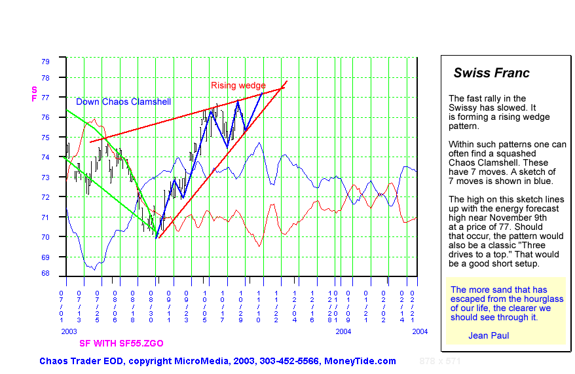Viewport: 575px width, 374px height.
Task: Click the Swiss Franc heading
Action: (x=491, y=73)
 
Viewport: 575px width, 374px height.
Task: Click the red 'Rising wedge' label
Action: (x=238, y=86)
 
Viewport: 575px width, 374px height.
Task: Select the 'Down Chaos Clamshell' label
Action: (x=123, y=102)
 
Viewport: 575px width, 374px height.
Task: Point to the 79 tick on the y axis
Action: (x=45, y=62)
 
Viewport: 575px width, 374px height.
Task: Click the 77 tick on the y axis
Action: (x=45, y=98)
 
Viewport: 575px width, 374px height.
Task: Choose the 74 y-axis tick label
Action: (x=45, y=157)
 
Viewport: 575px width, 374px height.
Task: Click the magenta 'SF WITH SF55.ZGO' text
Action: (x=121, y=343)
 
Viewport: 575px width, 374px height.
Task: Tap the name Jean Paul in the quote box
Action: (x=489, y=335)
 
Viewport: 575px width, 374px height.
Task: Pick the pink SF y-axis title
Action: (x=34, y=94)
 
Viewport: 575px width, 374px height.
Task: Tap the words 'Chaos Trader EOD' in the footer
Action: (x=79, y=361)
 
